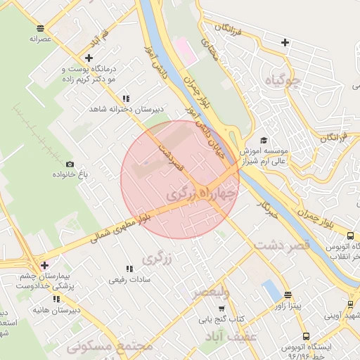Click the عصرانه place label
tap(41, 39)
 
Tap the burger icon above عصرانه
tap(40, 28)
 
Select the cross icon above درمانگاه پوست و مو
tap(88, 58)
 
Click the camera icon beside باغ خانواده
tap(69, 165)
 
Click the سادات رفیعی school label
tap(127, 279)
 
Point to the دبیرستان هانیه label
tap(59, 309)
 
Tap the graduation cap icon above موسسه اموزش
tap(264, 140)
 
